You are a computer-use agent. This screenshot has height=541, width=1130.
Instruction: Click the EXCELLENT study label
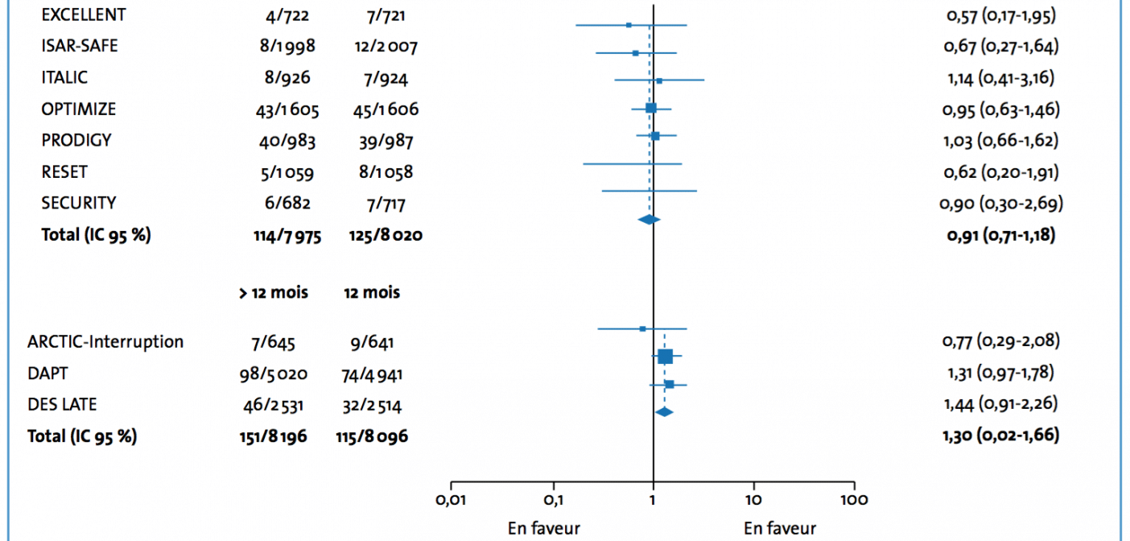(x=83, y=14)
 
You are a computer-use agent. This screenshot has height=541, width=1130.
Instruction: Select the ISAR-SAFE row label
(x=79, y=46)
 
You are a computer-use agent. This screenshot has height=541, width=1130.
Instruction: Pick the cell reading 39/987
(x=386, y=141)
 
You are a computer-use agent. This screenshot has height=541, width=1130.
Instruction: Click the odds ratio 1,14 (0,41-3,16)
(x=999, y=78)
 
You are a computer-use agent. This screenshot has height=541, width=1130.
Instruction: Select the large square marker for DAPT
(x=665, y=357)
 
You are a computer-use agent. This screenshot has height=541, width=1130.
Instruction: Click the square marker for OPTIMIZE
(x=650, y=108)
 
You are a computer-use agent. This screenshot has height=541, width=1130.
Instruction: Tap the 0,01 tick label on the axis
(x=451, y=500)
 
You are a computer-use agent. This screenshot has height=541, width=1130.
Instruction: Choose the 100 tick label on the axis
(x=853, y=500)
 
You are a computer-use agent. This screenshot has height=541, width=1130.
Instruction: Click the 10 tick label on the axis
(x=753, y=500)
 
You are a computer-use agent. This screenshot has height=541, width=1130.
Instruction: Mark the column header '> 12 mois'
(x=273, y=293)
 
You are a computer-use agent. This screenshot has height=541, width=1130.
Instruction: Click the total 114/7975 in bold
(x=287, y=236)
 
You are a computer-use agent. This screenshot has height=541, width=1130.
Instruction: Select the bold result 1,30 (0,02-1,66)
(x=1000, y=436)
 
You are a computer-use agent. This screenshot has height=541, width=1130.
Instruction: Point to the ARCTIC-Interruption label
(x=105, y=341)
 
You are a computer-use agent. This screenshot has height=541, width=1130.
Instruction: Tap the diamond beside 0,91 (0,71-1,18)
(x=649, y=219)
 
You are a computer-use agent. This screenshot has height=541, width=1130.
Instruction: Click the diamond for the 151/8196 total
(x=664, y=411)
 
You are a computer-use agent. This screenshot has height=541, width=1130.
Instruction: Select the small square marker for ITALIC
(x=659, y=81)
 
